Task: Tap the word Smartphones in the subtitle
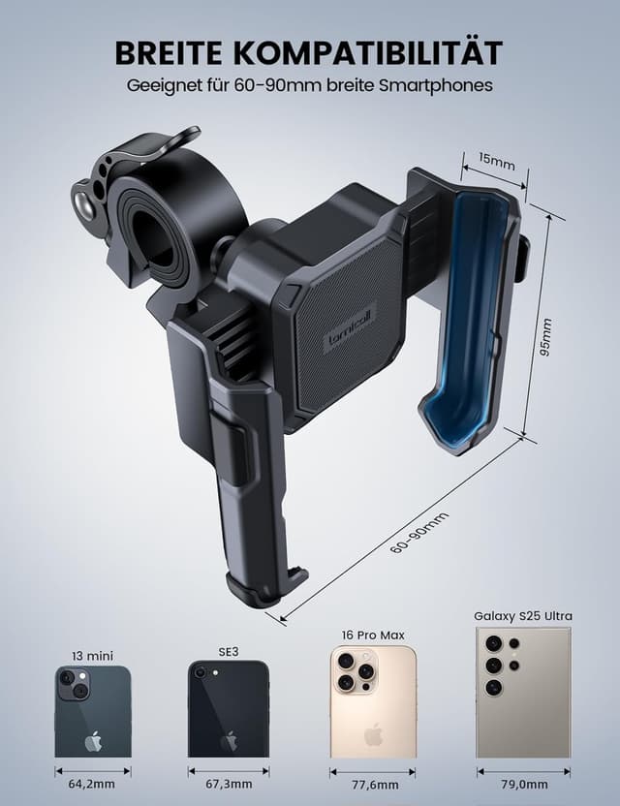coord(436,85)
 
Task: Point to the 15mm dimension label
coord(497,161)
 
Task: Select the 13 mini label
coord(93,656)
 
